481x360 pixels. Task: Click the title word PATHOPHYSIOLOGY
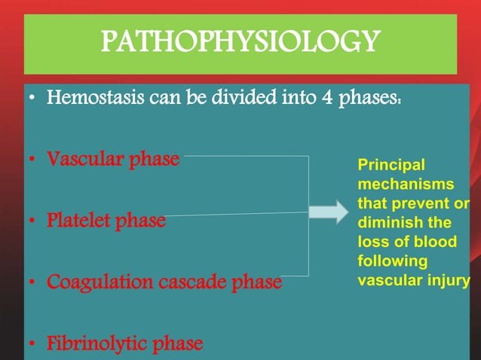point(240,42)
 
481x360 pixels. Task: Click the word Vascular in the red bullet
point(84,160)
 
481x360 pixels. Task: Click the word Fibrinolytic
point(97,344)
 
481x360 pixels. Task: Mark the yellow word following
point(392,262)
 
